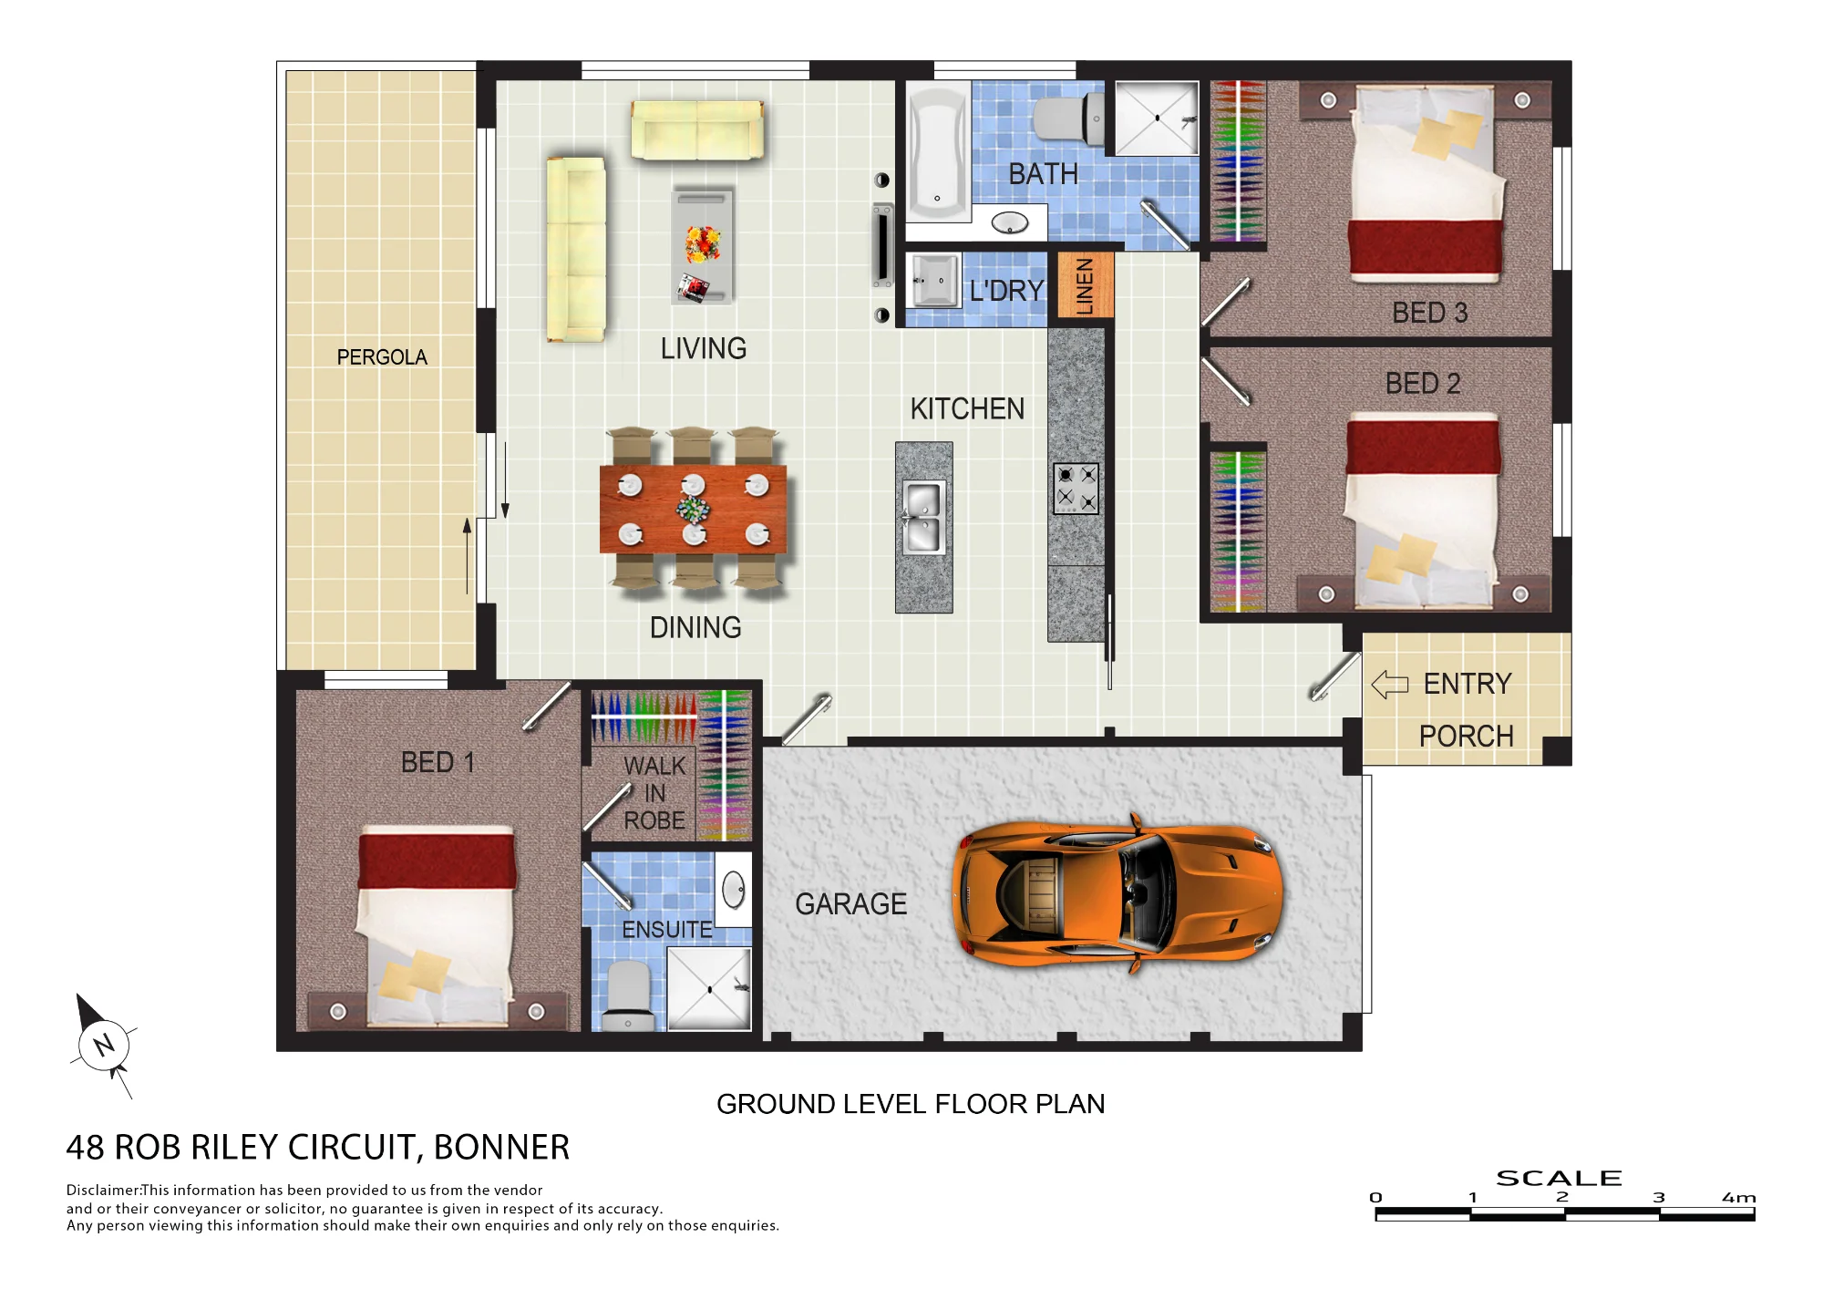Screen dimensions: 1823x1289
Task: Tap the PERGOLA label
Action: click(382, 357)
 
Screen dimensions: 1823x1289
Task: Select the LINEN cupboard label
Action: click(1085, 286)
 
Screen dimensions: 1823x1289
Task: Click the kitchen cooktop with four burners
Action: click(1076, 489)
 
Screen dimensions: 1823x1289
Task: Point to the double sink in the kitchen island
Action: click(923, 517)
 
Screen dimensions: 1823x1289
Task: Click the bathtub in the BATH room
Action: click(938, 152)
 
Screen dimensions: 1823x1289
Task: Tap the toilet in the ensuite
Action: click(629, 995)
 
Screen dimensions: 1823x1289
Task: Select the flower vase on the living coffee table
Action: click(703, 244)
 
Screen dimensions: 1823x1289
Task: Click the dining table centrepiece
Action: click(693, 509)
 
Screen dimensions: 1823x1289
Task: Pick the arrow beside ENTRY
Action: click(1390, 684)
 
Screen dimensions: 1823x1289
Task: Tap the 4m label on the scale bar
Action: click(1738, 1198)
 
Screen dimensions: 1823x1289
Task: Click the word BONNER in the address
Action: click(501, 1148)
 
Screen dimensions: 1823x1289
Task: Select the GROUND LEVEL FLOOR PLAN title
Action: click(911, 1104)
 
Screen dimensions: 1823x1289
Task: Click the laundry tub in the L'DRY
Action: click(933, 280)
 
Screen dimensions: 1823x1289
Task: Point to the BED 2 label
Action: click(1423, 384)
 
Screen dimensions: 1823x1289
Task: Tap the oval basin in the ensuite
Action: click(734, 890)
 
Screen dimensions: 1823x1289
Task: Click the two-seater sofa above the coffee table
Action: click(697, 130)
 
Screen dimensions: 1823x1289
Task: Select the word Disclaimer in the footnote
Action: click(103, 1190)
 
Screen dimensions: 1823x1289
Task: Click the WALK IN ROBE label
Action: click(654, 793)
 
